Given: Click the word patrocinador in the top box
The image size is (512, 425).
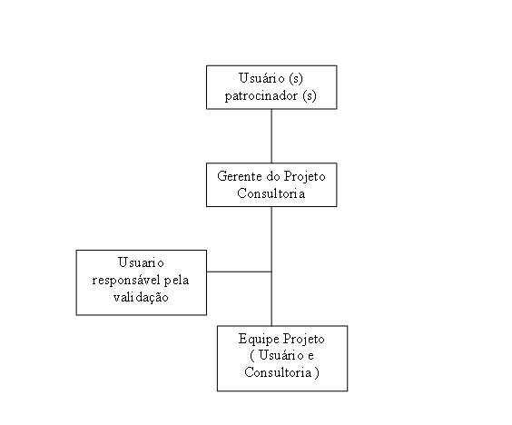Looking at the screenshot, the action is tap(261, 96).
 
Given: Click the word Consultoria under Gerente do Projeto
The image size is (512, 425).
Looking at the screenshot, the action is tap(271, 193).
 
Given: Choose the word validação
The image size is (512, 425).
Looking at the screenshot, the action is tap(141, 297).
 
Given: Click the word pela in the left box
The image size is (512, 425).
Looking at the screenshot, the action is tap(176, 281).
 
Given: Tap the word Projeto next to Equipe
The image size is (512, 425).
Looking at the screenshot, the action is tap(304, 339).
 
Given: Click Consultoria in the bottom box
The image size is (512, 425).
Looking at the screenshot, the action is tap(278, 372).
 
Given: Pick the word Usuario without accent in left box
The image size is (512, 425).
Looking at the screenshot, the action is tap(141, 262).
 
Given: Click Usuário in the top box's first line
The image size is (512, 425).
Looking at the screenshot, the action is tap(261, 78).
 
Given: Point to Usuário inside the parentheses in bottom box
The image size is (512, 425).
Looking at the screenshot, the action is tap(281, 355).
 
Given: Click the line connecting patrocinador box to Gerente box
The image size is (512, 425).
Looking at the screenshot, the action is tap(271, 136).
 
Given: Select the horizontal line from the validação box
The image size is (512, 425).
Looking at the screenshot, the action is tap(239, 272).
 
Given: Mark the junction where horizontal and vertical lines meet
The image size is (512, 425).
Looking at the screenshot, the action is tap(271, 272).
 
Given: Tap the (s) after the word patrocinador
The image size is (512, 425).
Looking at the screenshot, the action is tap(310, 96).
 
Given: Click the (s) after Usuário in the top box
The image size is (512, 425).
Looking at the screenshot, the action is tap(296, 78).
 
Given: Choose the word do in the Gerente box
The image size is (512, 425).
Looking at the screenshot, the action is tap(272, 176).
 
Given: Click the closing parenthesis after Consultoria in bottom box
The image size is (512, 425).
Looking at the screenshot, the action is tap(317, 372).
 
